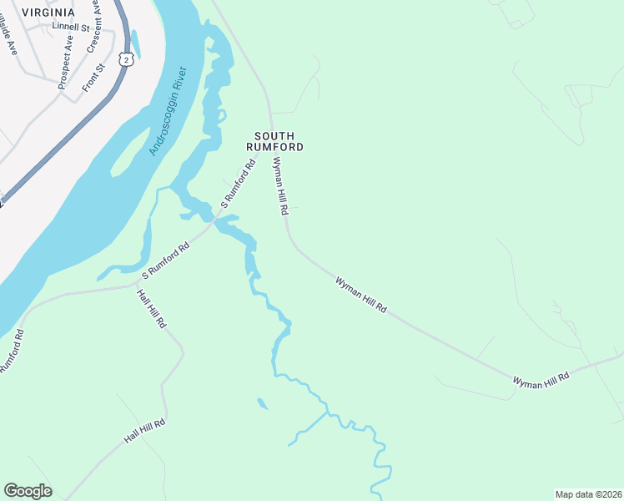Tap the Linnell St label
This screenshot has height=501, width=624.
[x=70, y=26]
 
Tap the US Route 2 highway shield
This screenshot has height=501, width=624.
[x=125, y=59]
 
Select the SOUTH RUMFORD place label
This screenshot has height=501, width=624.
[x=274, y=140]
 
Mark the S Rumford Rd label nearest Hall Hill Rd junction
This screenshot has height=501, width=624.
[x=166, y=260]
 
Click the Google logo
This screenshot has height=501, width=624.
[x=28, y=491]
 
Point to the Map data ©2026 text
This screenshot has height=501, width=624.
[x=588, y=493]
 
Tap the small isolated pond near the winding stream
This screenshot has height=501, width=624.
[x=263, y=404]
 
